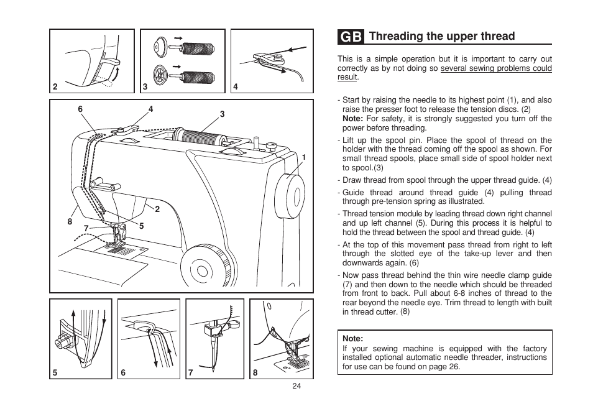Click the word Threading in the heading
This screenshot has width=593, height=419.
(396, 36)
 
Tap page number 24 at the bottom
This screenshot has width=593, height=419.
(296, 386)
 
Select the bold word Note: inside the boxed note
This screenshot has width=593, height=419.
(352, 339)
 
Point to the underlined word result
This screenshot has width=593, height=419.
(347, 77)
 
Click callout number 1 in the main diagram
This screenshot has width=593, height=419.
(304, 157)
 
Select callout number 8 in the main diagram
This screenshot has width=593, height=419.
(70, 221)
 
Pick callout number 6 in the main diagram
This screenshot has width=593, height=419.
(80, 109)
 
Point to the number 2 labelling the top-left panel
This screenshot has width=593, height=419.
(55, 87)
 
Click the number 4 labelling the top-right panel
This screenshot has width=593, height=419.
(236, 87)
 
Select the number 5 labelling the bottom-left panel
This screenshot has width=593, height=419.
(55, 373)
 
